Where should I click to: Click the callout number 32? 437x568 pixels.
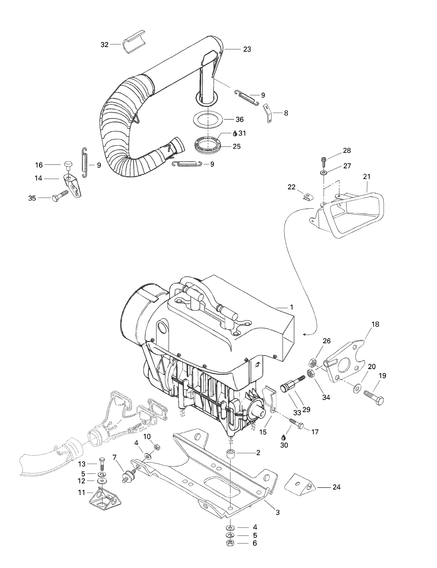pyautogui.click(x=104, y=45)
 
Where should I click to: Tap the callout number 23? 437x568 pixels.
pyautogui.click(x=247, y=49)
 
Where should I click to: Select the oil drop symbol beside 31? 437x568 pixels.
pyautogui.click(x=235, y=133)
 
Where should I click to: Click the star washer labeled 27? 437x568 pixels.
pyautogui.click(x=324, y=172)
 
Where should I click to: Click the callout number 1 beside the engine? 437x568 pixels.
pyautogui.click(x=292, y=307)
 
